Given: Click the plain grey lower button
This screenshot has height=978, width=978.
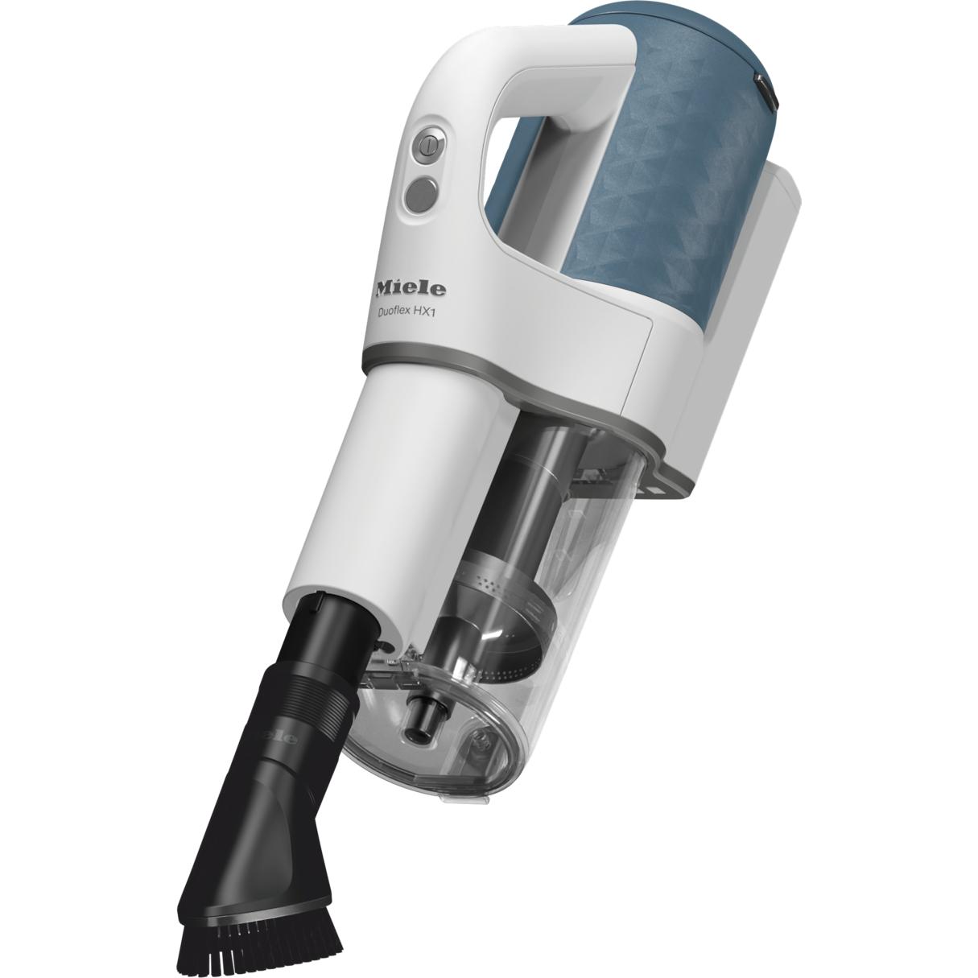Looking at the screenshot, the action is click(x=421, y=195).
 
